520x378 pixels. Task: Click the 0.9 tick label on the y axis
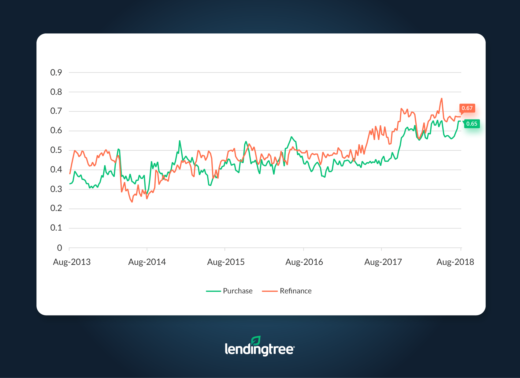(x=56, y=73)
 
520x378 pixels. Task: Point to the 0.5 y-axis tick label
(x=56, y=150)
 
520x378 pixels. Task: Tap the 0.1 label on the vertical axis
(x=56, y=228)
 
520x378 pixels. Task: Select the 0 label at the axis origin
(x=59, y=248)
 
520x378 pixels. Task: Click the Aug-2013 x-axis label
(x=72, y=262)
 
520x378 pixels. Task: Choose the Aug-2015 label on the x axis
(x=226, y=262)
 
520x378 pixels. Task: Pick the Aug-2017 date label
(x=383, y=262)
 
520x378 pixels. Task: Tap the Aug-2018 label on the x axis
(x=455, y=262)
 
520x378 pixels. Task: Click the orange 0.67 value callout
(x=467, y=108)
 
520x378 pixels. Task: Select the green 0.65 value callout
(x=472, y=124)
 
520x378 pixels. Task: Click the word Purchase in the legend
(x=238, y=291)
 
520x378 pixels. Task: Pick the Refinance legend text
(x=295, y=291)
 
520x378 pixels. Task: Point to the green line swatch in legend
(x=214, y=291)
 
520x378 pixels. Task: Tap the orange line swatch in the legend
(x=270, y=291)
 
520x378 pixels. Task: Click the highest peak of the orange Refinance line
(x=442, y=99)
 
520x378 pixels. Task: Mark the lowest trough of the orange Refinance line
(x=132, y=202)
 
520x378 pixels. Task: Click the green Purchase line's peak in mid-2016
(x=292, y=137)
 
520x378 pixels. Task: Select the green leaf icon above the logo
(x=256, y=340)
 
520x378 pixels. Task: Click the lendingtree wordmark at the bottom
(x=259, y=349)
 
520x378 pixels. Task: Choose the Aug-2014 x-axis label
(x=147, y=262)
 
